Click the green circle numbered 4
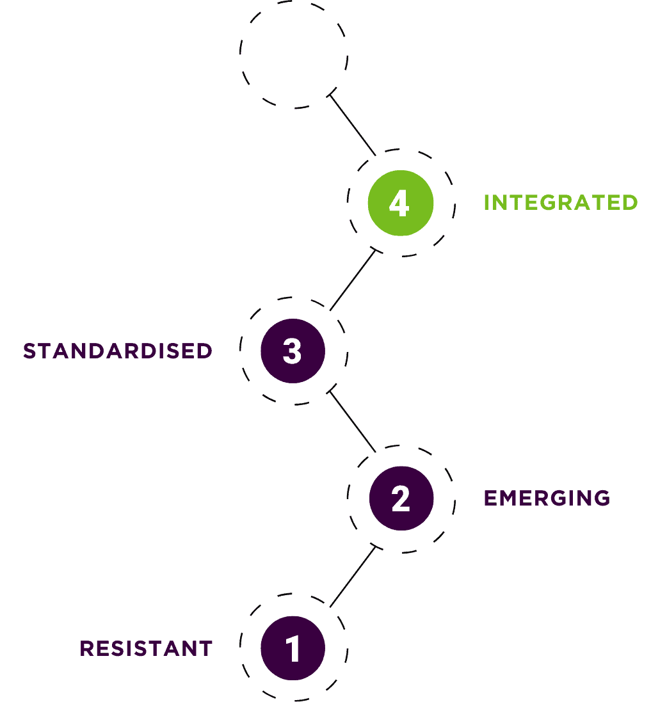pyautogui.click(x=401, y=203)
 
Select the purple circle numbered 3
pyautogui.click(x=293, y=351)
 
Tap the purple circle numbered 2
pyautogui.click(x=401, y=499)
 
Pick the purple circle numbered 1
pyautogui.click(x=293, y=648)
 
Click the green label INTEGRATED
pyautogui.click(x=561, y=202)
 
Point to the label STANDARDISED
pyautogui.click(x=118, y=351)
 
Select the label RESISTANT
pyautogui.click(x=146, y=648)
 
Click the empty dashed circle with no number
pyautogui.click(x=294, y=54)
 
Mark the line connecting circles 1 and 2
pyautogui.click(x=352, y=577)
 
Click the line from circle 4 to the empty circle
pyautogui.click(x=353, y=125)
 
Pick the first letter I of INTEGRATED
pyautogui.click(x=486, y=202)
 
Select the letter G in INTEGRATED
pyautogui.click(x=547, y=202)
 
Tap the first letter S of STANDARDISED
pyautogui.click(x=29, y=351)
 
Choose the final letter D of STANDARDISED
pyautogui.click(x=205, y=351)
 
